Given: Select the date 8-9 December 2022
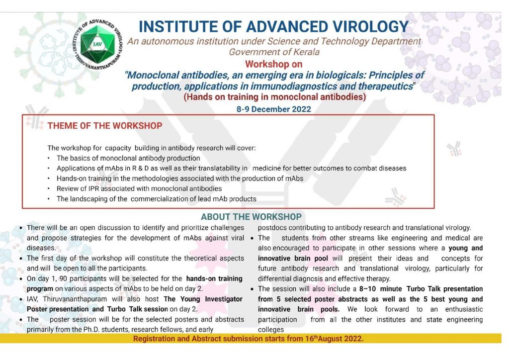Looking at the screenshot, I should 274,109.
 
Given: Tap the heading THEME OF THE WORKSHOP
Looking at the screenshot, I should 105,126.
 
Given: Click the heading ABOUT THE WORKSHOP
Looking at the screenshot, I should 251,217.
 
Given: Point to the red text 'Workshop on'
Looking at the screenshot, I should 274,64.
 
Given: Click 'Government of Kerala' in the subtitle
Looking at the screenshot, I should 274,52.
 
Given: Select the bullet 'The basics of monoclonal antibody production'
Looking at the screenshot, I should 128,158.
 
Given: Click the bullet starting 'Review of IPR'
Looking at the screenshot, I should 139,188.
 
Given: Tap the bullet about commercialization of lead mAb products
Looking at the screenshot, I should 156,199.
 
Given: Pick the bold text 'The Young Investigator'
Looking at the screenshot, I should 203,299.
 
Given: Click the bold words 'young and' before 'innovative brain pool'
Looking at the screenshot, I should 465,248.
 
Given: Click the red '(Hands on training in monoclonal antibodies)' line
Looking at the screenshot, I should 274,97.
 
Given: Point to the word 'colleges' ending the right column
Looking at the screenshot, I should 271,329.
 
